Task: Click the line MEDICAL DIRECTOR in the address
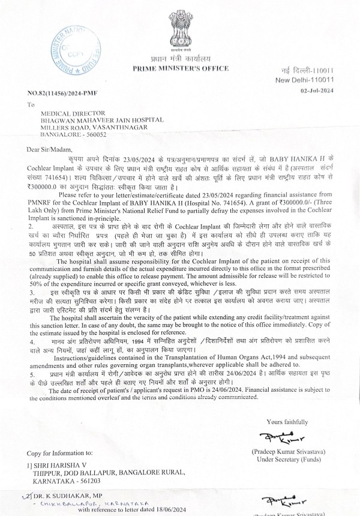click(71, 112)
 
